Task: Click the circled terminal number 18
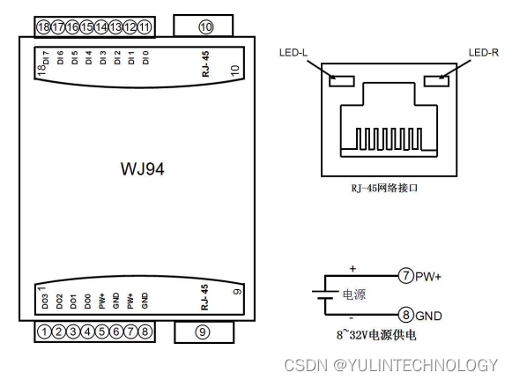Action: [43, 26]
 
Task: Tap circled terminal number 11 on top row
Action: [145, 26]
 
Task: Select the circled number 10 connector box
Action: [203, 26]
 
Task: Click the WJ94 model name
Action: [143, 169]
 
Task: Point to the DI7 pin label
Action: [46, 57]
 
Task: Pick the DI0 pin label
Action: [145, 57]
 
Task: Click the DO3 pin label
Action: [45, 302]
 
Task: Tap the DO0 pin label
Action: [87, 302]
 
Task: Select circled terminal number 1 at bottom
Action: [44, 332]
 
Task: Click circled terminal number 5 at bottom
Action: [101, 332]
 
